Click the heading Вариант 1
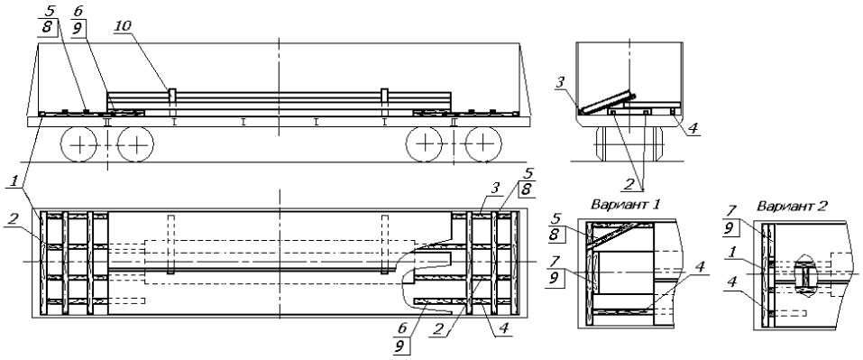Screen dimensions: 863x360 [x=626, y=204]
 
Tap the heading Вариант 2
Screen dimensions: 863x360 [x=790, y=207]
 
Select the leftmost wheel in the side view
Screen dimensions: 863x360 [x=78, y=144]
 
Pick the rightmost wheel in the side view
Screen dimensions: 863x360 [x=483, y=144]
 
